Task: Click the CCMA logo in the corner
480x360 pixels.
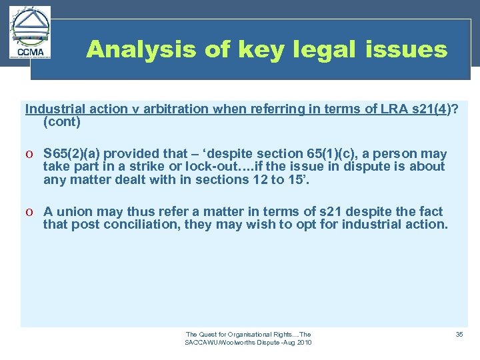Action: (x=31, y=34)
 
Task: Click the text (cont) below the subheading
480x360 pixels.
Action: (x=62, y=122)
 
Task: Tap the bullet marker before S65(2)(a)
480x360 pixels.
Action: (x=31, y=155)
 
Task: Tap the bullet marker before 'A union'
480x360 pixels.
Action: (x=31, y=212)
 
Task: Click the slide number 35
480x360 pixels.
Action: (x=459, y=334)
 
